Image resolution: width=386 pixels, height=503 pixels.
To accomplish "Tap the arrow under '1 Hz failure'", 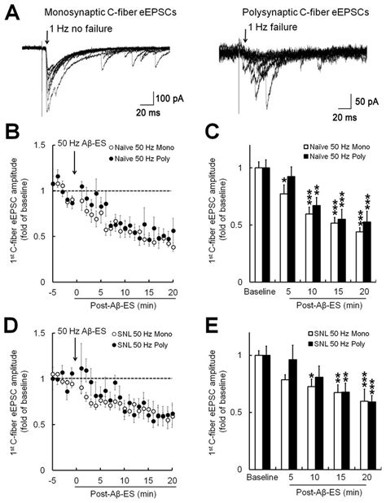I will click(245, 38).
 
